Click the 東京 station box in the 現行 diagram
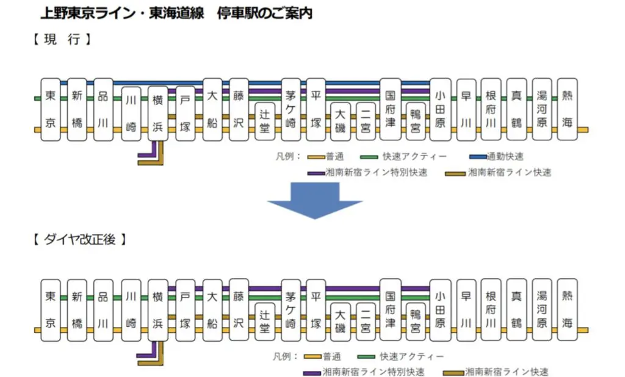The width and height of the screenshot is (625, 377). [51, 109]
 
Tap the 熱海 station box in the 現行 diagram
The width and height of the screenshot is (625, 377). [568, 109]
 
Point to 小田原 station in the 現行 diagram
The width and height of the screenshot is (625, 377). [441, 109]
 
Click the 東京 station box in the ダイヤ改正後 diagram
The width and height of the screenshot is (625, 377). [51, 311]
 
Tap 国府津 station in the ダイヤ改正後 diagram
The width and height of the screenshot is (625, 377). [391, 311]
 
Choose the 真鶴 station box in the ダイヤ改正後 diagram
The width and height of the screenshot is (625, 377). [517, 311]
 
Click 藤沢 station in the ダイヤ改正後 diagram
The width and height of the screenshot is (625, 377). [239, 311]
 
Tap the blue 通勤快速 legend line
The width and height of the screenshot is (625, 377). [478, 156]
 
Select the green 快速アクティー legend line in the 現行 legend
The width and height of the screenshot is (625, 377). [370, 156]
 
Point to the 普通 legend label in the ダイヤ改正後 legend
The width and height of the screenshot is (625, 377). [333, 356]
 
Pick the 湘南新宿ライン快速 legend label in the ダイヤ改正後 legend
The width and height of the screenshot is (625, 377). [507, 372]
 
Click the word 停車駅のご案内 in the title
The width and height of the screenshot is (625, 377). [264, 13]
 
